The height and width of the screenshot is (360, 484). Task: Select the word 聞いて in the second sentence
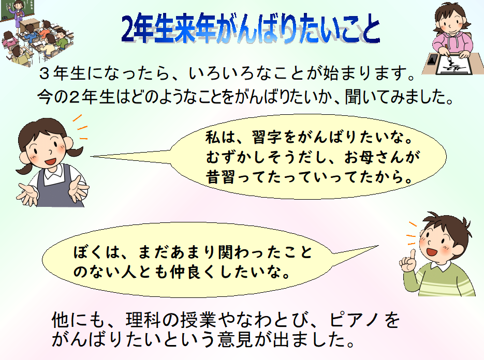(372, 97)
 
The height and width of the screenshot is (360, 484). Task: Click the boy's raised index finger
(412, 256)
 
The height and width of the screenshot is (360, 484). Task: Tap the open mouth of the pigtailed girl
(50, 162)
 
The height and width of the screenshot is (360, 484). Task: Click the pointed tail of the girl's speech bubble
(91, 156)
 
